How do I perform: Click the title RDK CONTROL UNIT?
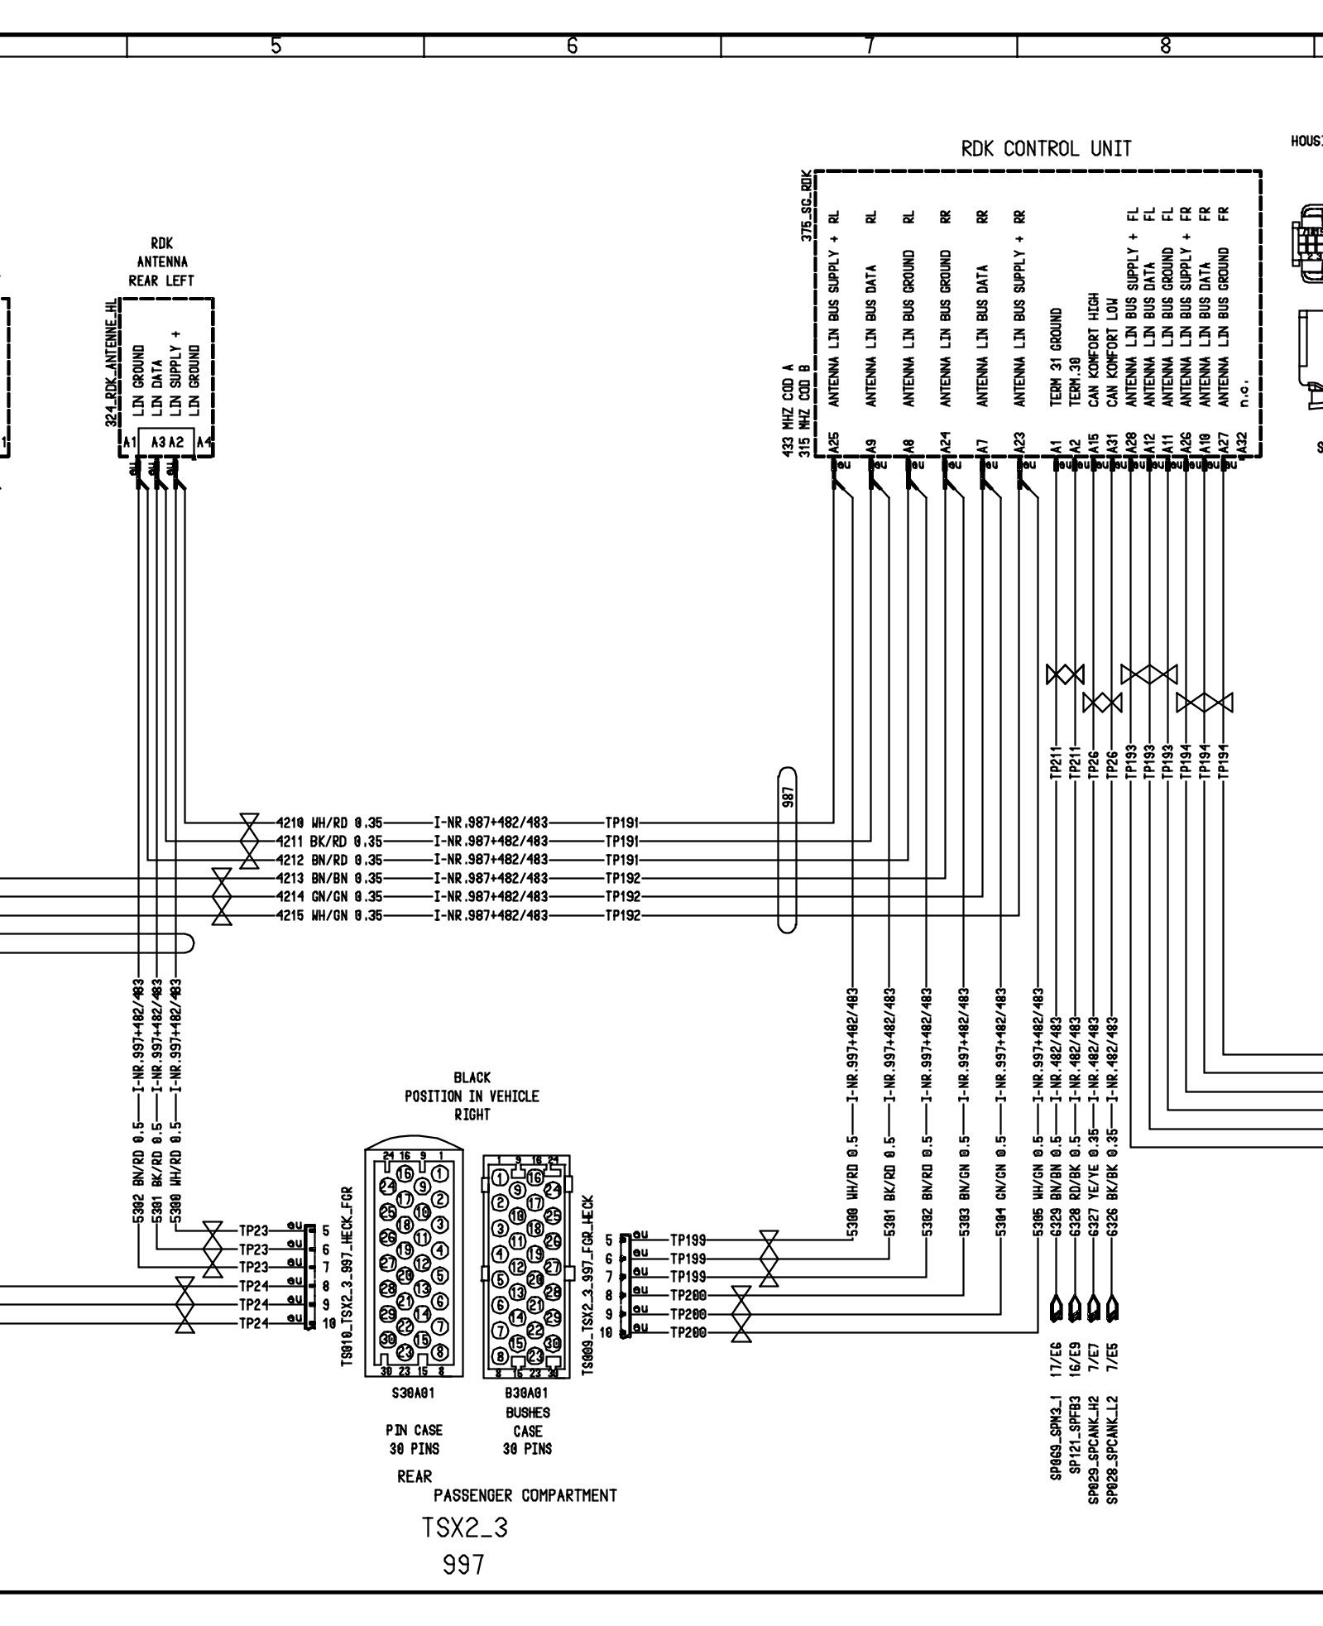pyautogui.click(x=1045, y=150)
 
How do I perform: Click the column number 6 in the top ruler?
pyautogui.click(x=572, y=46)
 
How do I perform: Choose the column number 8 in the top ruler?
pyautogui.click(x=1165, y=46)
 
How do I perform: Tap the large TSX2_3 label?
pyautogui.click(x=465, y=1528)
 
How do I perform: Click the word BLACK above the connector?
pyautogui.click(x=472, y=1077)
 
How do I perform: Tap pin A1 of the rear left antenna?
pyautogui.click(x=129, y=443)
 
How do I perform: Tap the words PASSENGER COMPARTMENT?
pyautogui.click(x=525, y=1495)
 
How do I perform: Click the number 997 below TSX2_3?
pyautogui.click(x=463, y=1565)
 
